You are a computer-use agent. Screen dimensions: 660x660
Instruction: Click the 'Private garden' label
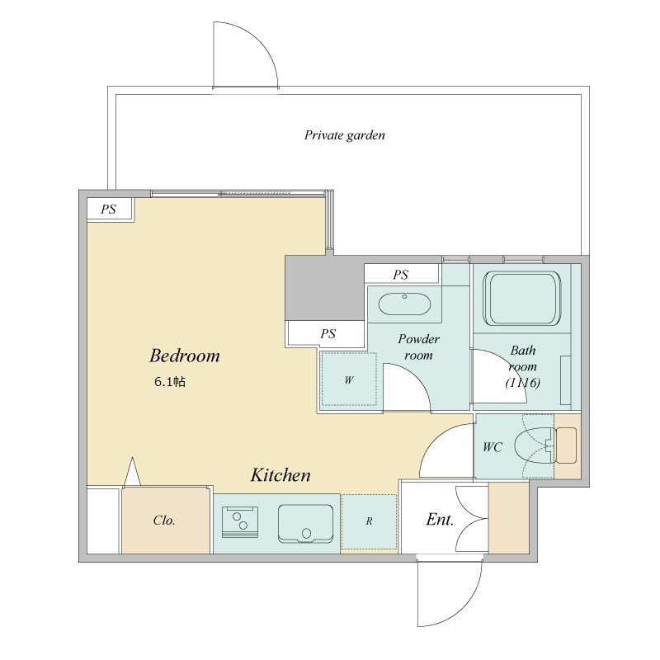pyautogui.click(x=344, y=135)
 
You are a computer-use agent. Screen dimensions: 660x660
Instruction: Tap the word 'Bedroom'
pyautogui.click(x=184, y=356)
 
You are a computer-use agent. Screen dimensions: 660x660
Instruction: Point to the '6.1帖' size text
pyautogui.click(x=170, y=382)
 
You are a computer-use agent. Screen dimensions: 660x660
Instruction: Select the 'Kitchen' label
pyautogui.click(x=280, y=475)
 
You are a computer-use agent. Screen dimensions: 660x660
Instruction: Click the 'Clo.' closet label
pyautogui.click(x=163, y=521)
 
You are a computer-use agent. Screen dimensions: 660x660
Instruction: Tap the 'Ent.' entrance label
pyautogui.click(x=440, y=520)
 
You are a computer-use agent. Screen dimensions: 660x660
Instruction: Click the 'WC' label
pyautogui.click(x=493, y=446)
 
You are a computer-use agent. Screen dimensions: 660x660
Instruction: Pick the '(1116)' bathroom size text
pyautogui.click(x=523, y=383)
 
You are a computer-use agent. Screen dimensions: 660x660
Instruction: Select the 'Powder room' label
pyautogui.click(x=418, y=346)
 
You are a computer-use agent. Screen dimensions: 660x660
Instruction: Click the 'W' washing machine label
pyautogui.click(x=349, y=380)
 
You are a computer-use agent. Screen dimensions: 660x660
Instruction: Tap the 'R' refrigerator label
pyautogui.click(x=369, y=521)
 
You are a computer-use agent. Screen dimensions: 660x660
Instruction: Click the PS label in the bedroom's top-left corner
pyautogui.click(x=108, y=210)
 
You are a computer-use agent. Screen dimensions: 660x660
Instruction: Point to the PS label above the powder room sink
pyautogui.click(x=401, y=275)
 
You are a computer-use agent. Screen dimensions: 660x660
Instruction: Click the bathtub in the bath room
pyautogui.click(x=522, y=299)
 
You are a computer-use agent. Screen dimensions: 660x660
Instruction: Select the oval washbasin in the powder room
pyautogui.click(x=404, y=304)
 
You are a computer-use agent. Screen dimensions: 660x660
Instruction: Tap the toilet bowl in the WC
pyautogui.click(x=533, y=445)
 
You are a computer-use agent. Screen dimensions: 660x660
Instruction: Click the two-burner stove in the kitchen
pyautogui.click(x=240, y=521)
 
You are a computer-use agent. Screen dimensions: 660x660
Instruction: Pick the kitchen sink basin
pyautogui.click(x=305, y=523)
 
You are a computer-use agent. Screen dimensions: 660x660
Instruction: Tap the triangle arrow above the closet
pyautogui.click(x=133, y=472)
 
